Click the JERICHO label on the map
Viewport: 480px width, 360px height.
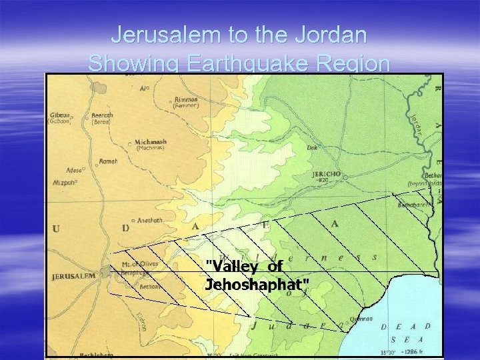326,174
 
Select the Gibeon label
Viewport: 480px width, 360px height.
59,115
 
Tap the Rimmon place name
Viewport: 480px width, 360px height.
185,99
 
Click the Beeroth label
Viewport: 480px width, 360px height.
101,115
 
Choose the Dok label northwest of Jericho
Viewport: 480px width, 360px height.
312,148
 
